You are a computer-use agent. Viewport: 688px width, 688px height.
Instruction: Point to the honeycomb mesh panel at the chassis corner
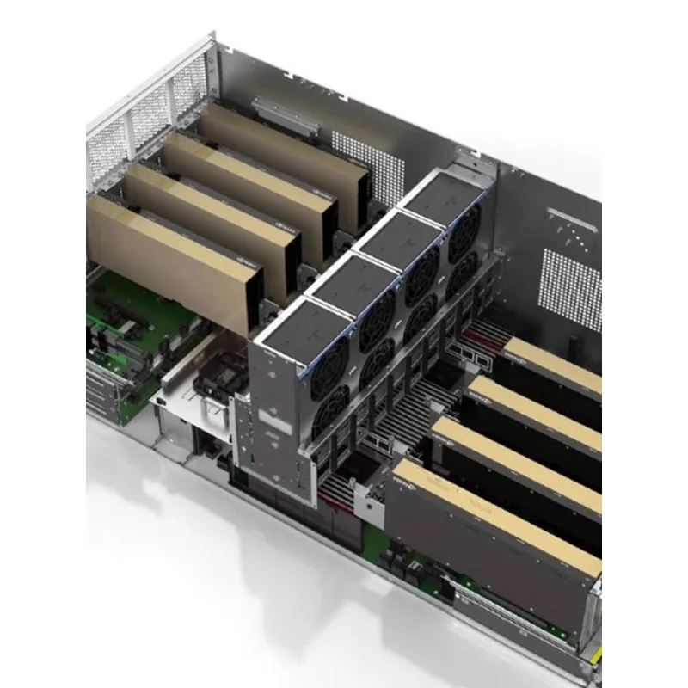[138, 120]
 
